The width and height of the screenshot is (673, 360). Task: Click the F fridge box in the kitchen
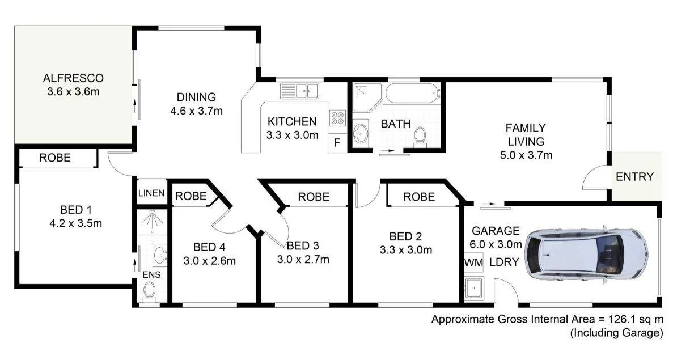coord(336,143)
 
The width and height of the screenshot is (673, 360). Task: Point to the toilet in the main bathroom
coord(420,136)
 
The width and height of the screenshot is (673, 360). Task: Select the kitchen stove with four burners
coord(337,116)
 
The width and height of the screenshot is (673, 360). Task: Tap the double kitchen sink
coord(300,90)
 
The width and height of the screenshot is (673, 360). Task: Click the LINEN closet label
coord(151,193)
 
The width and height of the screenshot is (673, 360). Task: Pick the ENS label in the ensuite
coord(151,274)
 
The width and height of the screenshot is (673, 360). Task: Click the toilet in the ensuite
coord(150,291)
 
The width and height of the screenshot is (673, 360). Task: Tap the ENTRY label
coord(634,177)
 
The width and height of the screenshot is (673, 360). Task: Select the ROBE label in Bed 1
coord(55,158)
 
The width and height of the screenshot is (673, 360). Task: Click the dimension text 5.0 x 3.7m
coord(526,154)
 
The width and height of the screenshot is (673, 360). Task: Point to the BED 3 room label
coord(303,245)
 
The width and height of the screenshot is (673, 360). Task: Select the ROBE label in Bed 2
coord(419,197)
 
